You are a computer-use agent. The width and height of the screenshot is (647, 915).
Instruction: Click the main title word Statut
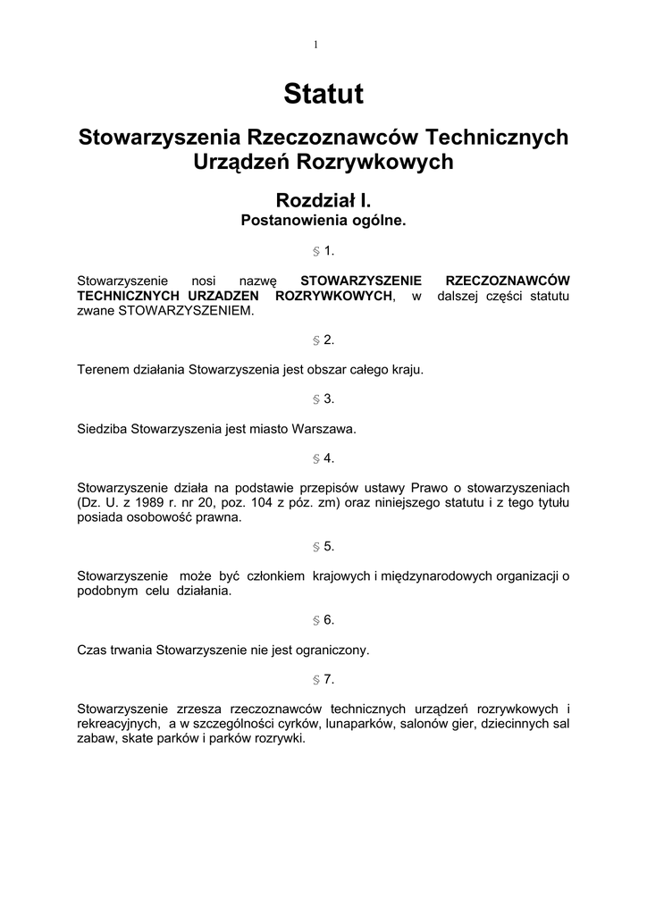point(323,94)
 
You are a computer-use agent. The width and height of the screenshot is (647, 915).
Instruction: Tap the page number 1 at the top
point(316,44)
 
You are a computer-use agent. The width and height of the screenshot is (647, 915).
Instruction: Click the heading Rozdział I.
point(323,200)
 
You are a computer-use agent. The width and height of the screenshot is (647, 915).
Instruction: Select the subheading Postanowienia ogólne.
point(323,219)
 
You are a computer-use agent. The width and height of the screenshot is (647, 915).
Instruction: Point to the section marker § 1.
point(323,251)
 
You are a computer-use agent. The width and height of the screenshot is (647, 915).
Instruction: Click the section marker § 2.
point(323,340)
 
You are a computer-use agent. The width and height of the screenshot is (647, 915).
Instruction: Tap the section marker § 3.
point(323,399)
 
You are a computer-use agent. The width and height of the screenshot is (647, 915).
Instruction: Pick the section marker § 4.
point(323,458)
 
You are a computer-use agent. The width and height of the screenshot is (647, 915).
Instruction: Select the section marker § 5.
point(323,546)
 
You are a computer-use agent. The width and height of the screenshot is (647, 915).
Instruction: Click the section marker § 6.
point(323,620)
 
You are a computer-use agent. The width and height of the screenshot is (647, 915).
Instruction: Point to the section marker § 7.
point(323,679)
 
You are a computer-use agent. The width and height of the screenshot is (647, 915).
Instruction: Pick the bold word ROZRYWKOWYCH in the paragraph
point(334,296)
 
